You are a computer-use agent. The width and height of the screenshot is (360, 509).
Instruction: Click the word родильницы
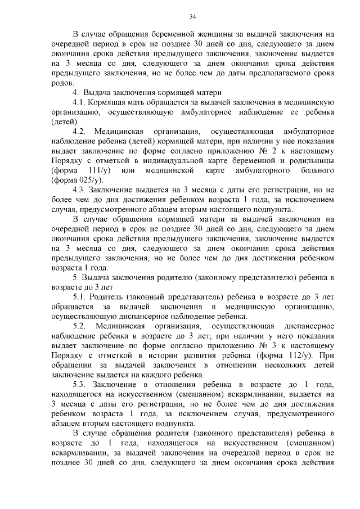click(310, 160)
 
